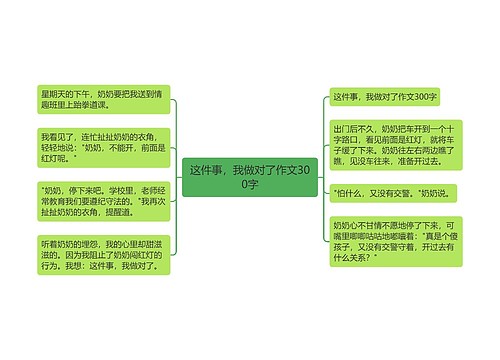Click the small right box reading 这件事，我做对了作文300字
point(386,97)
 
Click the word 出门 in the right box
point(342,129)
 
